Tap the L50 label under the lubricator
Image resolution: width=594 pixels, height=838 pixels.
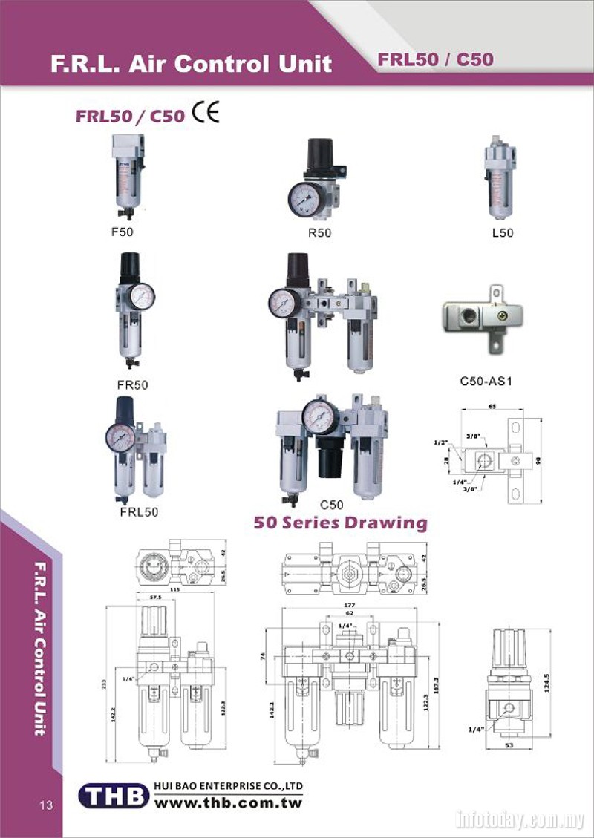pyautogui.click(x=503, y=232)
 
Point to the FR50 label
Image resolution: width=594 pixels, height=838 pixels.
pyautogui.click(x=133, y=384)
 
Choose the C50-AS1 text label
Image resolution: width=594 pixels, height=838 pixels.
pyautogui.click(x=487, y=383)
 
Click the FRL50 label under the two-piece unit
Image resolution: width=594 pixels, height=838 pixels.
pyautogui.click(x=138, y=511)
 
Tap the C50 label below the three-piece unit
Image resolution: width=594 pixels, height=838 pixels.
pyautogui.click(x=332, y=505)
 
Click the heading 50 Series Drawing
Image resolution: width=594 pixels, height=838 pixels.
pyautogui.click(x=341, y=523)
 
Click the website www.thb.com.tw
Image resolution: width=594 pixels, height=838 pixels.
pyautogui.click(x=228, y=802)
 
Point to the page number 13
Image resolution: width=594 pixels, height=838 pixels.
pyautogui.click(x=46, y=806)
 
